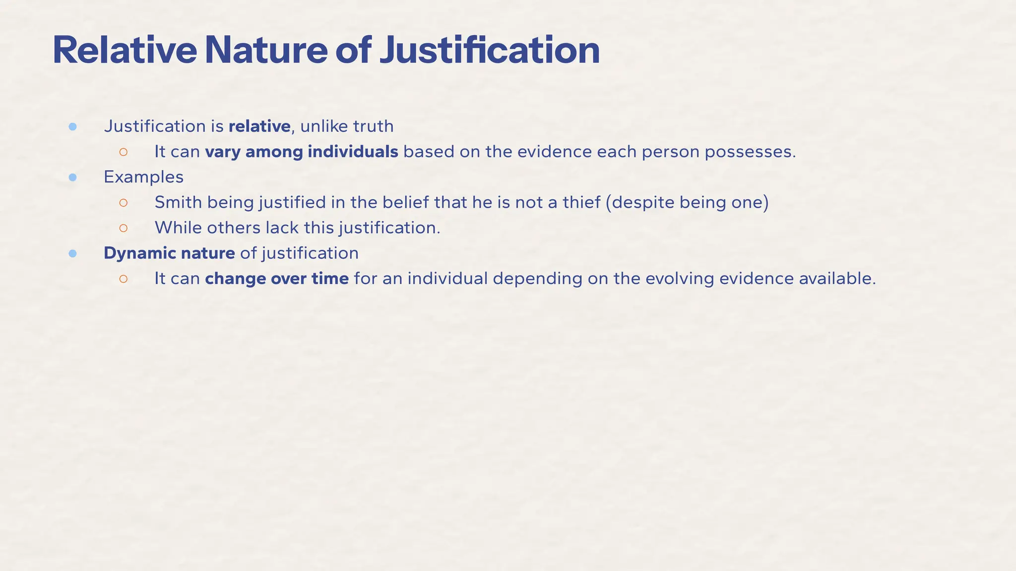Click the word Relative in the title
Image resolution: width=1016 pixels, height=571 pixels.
(x=125, y=51)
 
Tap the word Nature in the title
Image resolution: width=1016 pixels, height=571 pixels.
(x=266, y=51)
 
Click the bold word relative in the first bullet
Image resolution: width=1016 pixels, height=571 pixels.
(x=259, y=126)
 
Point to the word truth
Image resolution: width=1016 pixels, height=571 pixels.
(x=373, y=126)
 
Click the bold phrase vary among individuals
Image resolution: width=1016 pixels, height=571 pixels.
(x=302, y=152)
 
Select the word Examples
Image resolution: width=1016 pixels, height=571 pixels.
(x=143, y=177)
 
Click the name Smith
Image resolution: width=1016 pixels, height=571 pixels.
(x=178, y=202)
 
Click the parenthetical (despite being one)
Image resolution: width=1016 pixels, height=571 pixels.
(x=687, y=202)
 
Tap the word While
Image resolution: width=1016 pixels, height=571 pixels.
(x=178, y=228)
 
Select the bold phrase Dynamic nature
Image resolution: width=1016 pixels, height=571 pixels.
(x=169, y=253)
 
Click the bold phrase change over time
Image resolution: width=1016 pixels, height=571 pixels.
(x=277, y=279)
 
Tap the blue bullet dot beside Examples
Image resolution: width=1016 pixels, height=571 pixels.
(x=72, y=177)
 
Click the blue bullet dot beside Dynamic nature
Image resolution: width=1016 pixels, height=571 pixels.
(x=72, y=254)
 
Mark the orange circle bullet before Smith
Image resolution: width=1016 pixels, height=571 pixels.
(x=124, y=203)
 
